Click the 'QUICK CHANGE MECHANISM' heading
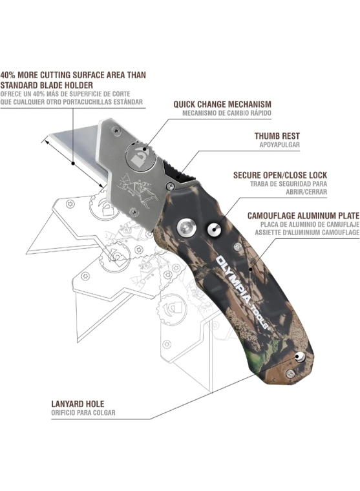click(x=222, y=104)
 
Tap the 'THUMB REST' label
click(x=277, y=136)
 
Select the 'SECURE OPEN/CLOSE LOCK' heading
click(x=280, y=175)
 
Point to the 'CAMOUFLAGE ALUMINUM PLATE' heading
click(x=303, y=216)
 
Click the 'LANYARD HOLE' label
click(x=78, y=404)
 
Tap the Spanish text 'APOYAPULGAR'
click(x=279, y=145)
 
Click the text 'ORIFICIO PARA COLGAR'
click(x=83, y=413)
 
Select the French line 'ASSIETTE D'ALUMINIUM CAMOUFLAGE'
click(x=307, y=233)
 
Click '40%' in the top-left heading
click(x=8, y=75)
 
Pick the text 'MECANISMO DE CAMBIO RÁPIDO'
click(x=227, y=113)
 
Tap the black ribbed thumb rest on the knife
click(x=176, y=171)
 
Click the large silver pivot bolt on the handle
click(x=186, y=227)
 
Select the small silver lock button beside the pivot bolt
click(x=214, y=229)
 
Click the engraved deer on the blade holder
click(x=138, y=191)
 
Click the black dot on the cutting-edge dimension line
click(x=73, y=163)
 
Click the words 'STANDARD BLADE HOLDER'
click(x=47, y=85)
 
